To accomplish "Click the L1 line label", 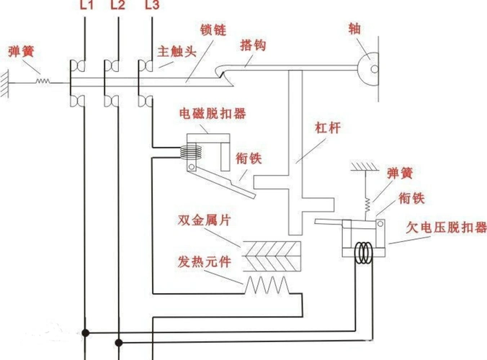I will [x=85, y=7].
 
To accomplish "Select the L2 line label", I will [x=119, y=7].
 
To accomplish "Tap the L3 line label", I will [x=152, y=7].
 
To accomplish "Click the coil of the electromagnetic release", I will [x=190, y=153].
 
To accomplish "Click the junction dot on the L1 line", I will [x=86, y=333].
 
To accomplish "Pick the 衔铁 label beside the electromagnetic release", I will [x=249, y=158].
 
